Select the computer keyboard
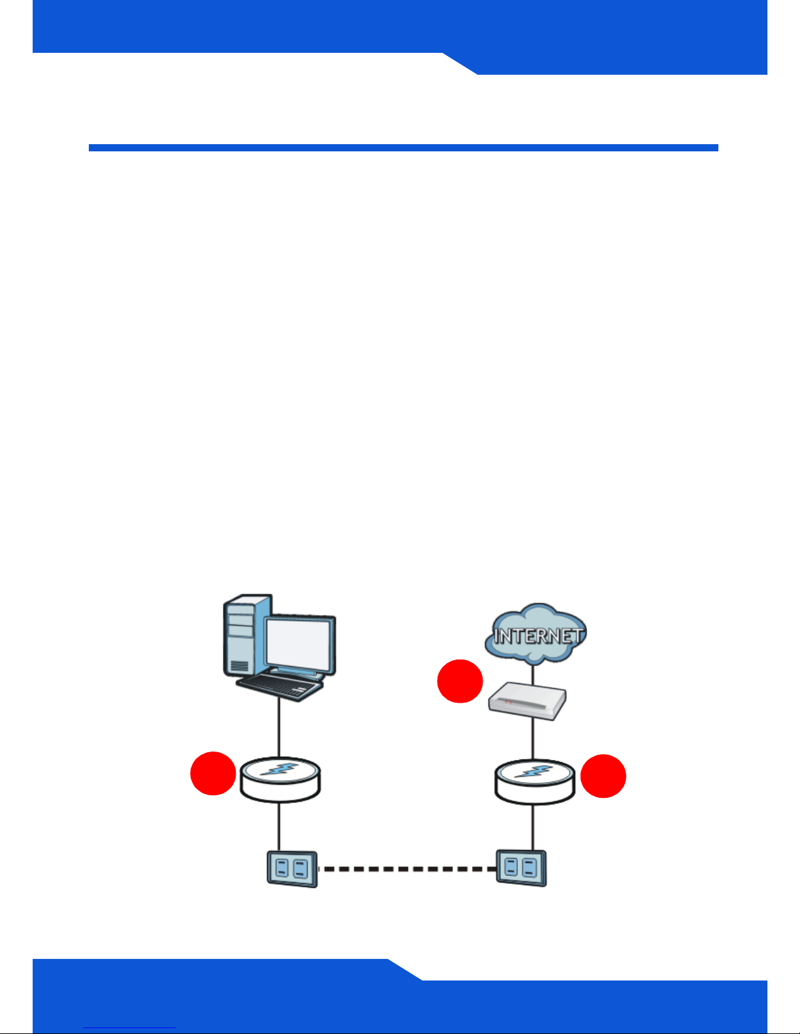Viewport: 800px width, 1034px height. pyautogui.click(x=280, y=687)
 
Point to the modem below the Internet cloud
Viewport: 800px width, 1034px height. pyautogui.click(x=528, y=701)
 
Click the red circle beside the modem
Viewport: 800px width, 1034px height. pyautogui.click(x=460, y=681)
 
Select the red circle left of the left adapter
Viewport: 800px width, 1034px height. pyautogui.click(x=213, y=774)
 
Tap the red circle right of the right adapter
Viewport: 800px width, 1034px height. pyautogui.click(x=603, y=776)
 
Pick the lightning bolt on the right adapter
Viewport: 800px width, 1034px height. pyautogui.click(x=535, y=771)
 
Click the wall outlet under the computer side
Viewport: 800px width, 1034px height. pyautogui.click(x=292, y=869)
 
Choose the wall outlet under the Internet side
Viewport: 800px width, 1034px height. pyautogui.click(x=521, y=868)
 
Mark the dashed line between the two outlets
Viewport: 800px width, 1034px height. pyautogui.click(x=406, y=869)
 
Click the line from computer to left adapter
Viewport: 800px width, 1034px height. pyautogui.click(x=280, y=727)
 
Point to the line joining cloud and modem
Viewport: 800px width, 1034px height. pyautogui.click(x=534, y=673)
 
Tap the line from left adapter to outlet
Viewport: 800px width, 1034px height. pyautogui.click(x=280, y=827)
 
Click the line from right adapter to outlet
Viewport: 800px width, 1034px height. pyautogui.click(x=534, y=827)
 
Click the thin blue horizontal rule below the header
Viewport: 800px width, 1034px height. pyautogui.click(x=403, y=148)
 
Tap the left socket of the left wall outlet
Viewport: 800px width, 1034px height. pyautogui.click(x=283, y=868)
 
